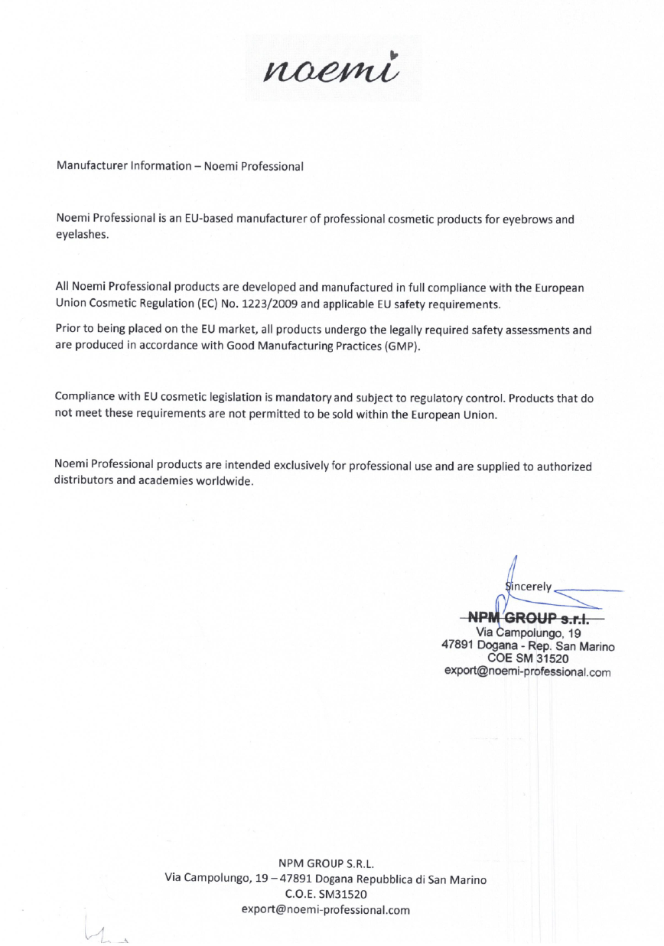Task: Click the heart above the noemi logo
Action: point(392,54)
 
